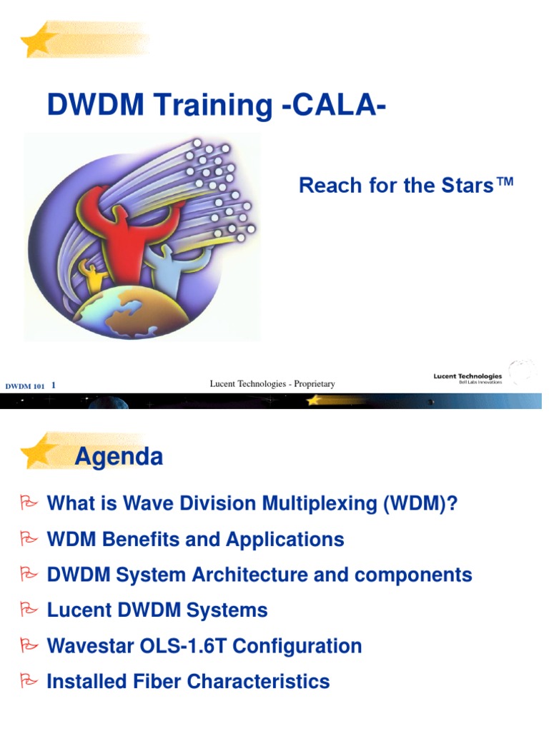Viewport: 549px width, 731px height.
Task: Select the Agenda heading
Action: (x=119, y=456)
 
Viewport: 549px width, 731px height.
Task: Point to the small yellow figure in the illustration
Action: (x=94, y=275)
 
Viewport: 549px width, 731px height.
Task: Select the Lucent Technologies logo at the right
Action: (x=468, y=378)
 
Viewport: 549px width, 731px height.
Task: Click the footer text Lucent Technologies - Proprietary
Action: (x=272, y=384)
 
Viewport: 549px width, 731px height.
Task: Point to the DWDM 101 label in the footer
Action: (x=26, y=386)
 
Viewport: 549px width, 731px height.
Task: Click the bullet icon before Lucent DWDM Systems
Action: (x=29, y=610)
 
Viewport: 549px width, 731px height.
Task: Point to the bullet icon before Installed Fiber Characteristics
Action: (x=29, y=681)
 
